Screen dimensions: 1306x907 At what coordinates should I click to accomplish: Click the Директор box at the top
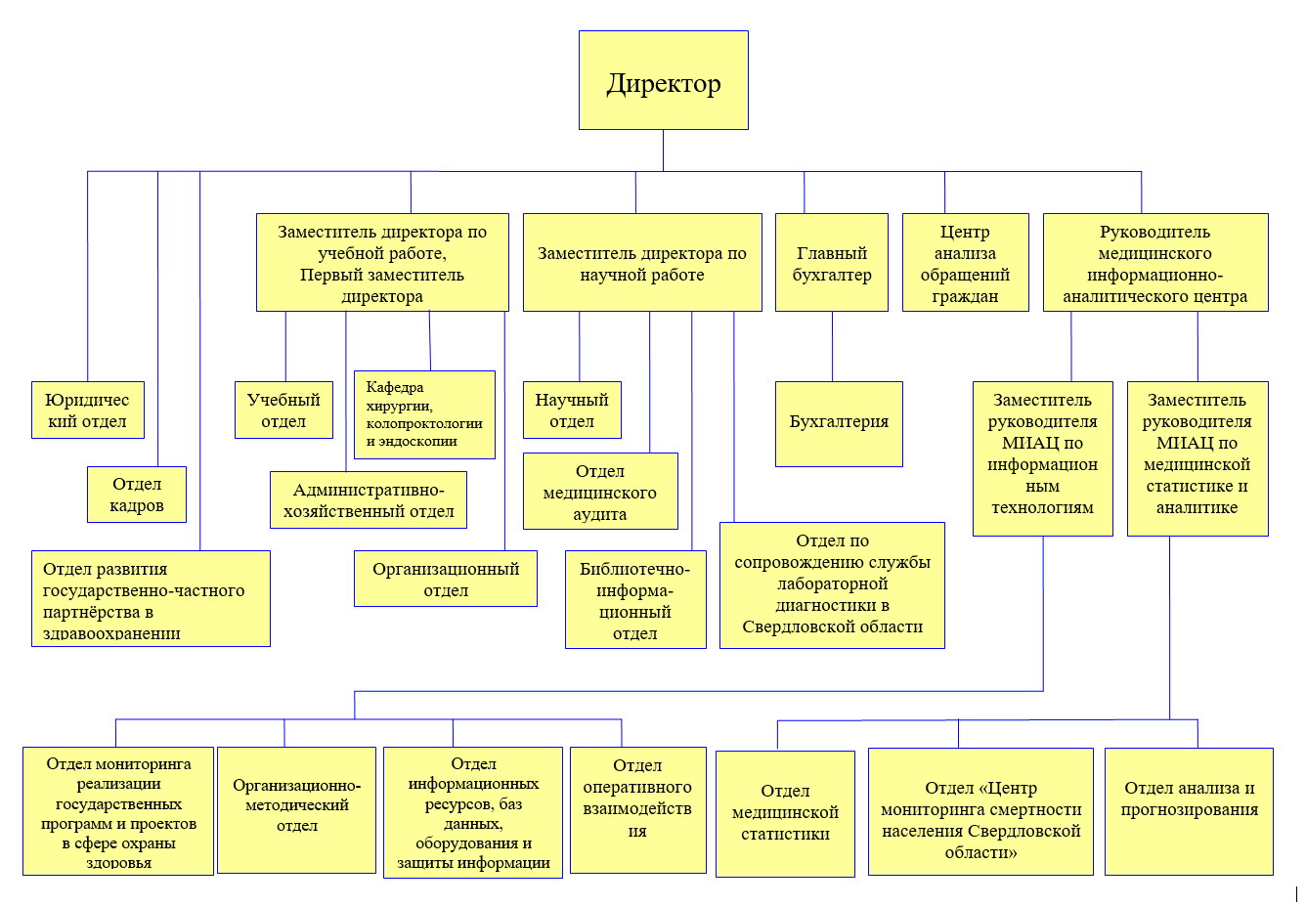pyautogui.click(x=664, y=80)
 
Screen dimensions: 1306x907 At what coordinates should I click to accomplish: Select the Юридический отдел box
pyautogui.click(x=87, y=410)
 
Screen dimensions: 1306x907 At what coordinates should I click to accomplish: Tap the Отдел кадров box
pyautogui.click(x=137, y=495)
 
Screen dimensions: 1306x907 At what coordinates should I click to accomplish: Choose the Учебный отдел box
pyautogui.click(x=283, y=410)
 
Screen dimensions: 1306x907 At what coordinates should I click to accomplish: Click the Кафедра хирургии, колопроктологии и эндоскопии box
pyautogui.click(x=424, y=414)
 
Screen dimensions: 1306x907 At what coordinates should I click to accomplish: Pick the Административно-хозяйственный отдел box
pyautogui.click(x=369, y=500)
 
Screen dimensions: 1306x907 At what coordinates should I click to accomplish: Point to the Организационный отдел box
pyautogui.click(x=446, y=579)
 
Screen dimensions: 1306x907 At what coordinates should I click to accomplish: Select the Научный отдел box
pyautogui.click(x=572, y=410)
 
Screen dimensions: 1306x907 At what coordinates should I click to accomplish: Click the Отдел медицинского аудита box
pyautogui.click(x=600, y=492)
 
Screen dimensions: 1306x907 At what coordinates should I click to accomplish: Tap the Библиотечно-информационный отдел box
pyautogui.click(x=635, y=600)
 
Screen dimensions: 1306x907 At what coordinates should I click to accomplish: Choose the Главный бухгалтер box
pyautogui.click(x=832, y=262)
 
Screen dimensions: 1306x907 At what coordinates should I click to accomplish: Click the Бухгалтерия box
pyautogui.click(x=839, y=424)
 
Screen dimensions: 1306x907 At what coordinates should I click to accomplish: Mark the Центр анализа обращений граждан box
pyautogui.click(x=966, y=262)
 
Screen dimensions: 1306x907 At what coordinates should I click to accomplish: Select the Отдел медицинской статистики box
pyautogui.click(x=785, y=814)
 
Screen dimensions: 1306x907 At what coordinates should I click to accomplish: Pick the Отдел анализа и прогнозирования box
pyautogui.click(x=1189, y=811)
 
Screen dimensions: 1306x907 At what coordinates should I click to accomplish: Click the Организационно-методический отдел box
pyautogui.click(x=297, y=810)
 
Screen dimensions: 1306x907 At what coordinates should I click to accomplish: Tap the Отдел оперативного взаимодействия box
pyautogui.click(x=637, y=810)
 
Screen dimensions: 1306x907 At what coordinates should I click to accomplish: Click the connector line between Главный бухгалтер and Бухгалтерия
pyautogui.click(x=832, y=346)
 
